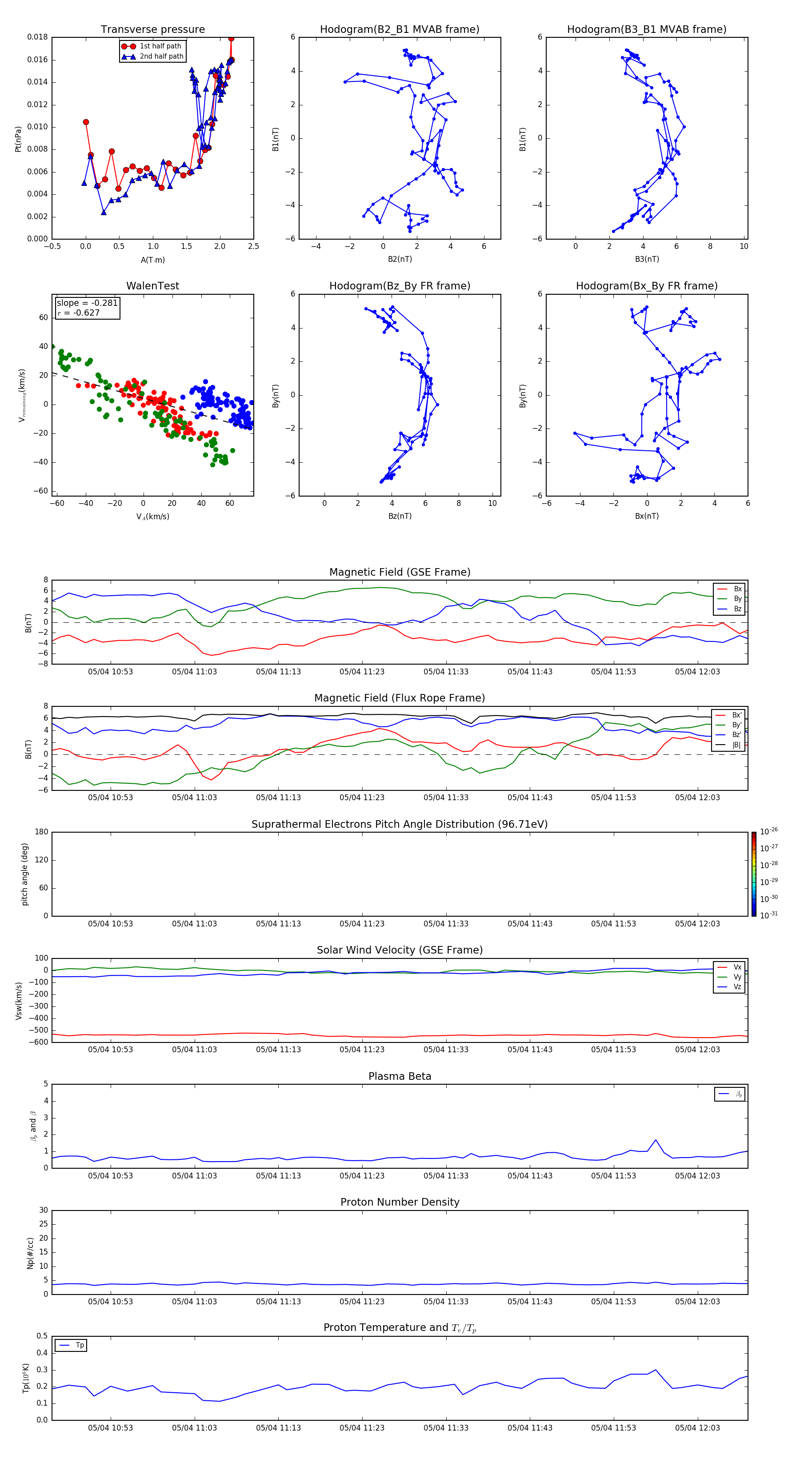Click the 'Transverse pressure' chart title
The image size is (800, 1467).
click(x=152, y=30)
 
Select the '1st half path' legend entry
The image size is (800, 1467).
click(x=160, y=46)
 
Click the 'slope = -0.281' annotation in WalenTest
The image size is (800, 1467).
click(x=87, y=303)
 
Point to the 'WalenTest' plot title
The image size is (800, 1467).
click(x=152, y=286)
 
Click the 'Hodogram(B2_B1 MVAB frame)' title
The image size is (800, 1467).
click(x=399, y=30)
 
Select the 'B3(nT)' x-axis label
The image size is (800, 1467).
click(x=647, y=259)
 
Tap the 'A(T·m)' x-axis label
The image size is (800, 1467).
click(x=152, y=260)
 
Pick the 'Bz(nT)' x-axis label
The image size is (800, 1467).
click(x=400, y=516)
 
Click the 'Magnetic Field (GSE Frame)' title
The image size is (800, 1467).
click(x=400, y=572)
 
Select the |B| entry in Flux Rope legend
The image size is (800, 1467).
click(x=736, y=745)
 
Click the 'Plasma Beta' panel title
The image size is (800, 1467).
click(x=400, y=1076)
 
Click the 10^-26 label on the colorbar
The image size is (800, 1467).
click(x=769, y=831)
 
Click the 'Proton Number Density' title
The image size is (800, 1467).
click(x=400, y=1202)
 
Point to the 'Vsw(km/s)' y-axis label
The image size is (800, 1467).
click(x=19, y=1000)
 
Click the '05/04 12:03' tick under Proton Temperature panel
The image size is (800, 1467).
click(x=697, y=1428)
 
